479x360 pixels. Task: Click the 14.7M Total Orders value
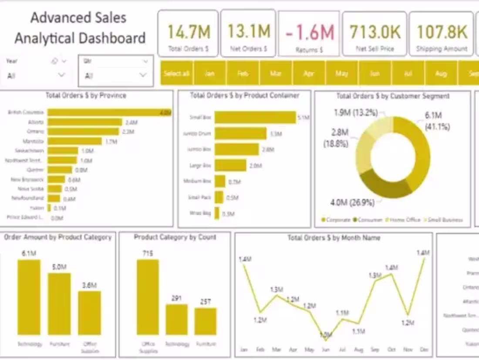pyautogui.click(x=189, y=32)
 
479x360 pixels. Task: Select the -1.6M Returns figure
pyautogui.click(x=310, y=33)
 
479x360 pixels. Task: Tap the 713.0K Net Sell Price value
pyautogui.click(x=374, y=32)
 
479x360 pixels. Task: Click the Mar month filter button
pyautogui.click(x=275, y=73)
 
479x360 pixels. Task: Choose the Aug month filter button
pyautogui.click(x=441, y=73)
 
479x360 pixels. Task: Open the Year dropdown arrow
pyautogui.click(x=61, y=75)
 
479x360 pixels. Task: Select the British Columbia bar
pyautogui.click(x=109, y=112)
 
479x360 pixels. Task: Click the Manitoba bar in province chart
pyautogui.click(x=74, y=141)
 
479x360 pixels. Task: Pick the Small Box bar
pyautogui.click(x=255, y=117)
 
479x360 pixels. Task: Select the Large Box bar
pyautogui.click(x=230, y=165)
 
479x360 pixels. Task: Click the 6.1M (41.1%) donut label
pyautogui.click(x=437, y=121)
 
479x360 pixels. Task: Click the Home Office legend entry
pyautogui.click(x=405, y=220)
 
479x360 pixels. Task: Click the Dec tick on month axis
pyautogui.click(x=423, y=350)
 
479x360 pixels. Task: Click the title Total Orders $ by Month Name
pyautogui.click(x=334, y=238)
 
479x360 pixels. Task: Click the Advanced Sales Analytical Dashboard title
pyautogui.click(x=80, y=28)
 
